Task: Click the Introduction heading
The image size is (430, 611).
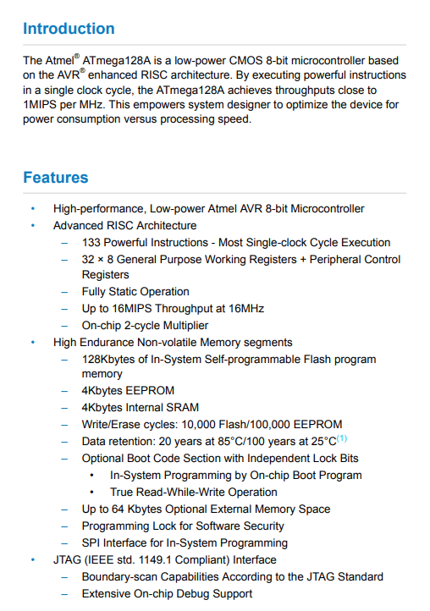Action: coord(69,29)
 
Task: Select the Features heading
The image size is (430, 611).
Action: coord(56,178)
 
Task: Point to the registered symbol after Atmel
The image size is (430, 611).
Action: coord(77,56)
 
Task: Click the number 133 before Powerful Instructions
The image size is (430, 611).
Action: coord(91,243)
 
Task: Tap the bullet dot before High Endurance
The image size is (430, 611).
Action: coord(33,342)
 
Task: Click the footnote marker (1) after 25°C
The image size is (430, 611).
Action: coord(342,438)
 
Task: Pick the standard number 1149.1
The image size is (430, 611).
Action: coord(153,559)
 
